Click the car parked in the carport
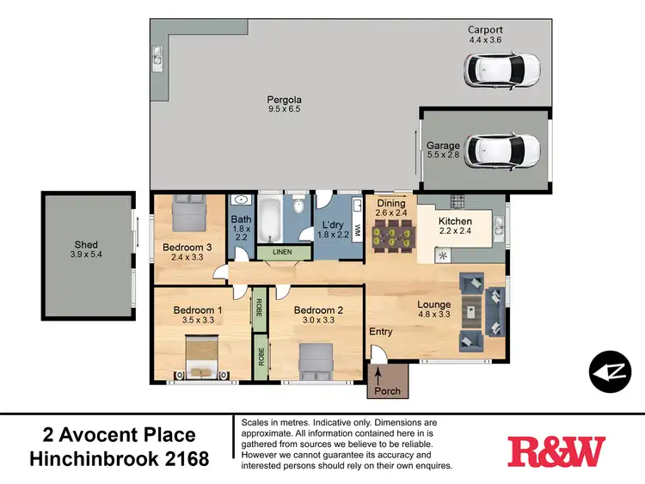[x=501, y=66]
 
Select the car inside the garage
[x=502, y=151]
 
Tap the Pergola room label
[x=284, y=101]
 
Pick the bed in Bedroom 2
[x=315, y=359]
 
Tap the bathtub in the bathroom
[x=269, y=220]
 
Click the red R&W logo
[x=556, y=450]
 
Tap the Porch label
[x=390, y=392]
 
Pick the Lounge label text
[x=434, y=303]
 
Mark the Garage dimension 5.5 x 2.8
[x=444, y=157]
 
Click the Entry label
[x=381, y=332]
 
